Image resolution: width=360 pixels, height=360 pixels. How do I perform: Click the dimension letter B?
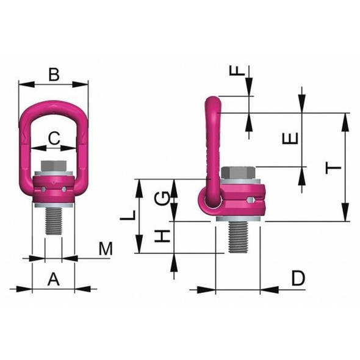(54, 75)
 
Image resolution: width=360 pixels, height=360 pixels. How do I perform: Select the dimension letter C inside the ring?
(54, 138)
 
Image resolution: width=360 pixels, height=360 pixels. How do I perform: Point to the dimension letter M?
(106, 249)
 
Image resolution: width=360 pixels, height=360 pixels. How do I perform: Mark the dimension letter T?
(331, 168)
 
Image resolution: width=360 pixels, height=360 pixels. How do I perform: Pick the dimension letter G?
(161, 198)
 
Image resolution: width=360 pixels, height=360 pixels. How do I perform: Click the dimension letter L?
(126, 215)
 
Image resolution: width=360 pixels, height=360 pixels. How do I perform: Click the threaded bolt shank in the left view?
(54, 223)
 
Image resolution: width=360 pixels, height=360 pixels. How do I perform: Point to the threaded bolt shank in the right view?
(240, 237)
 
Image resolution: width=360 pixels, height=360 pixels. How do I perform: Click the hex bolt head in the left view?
(54, 167)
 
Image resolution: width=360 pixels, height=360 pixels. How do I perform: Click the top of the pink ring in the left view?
(54, 108)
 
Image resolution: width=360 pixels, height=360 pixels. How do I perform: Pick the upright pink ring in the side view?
(211, 140)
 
